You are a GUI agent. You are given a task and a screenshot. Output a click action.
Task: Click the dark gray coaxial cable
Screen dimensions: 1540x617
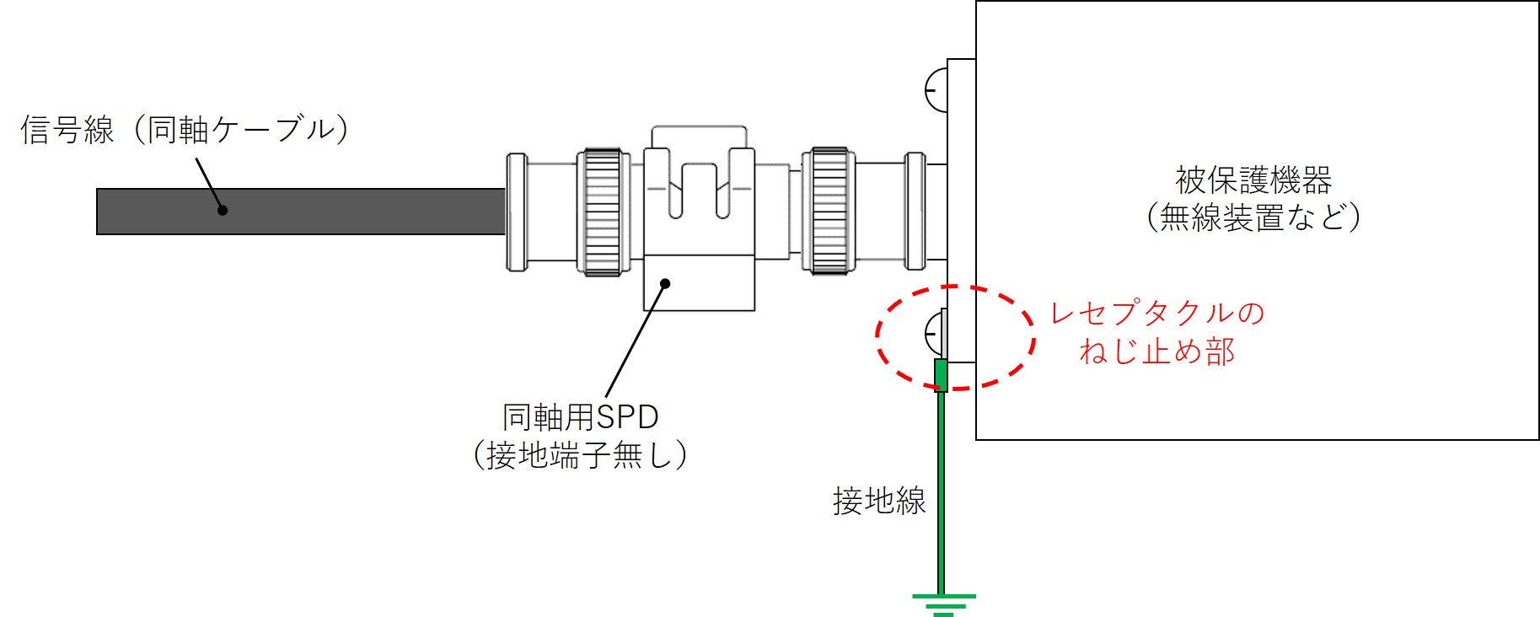pyautogui.click(x=301, y=212)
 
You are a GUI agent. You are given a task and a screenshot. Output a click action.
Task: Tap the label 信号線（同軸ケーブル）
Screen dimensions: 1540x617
pyautogui.click(x=185, y=130)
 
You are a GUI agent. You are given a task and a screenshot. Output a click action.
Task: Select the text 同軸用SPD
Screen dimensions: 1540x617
pyautogui.click(x=581, y=417)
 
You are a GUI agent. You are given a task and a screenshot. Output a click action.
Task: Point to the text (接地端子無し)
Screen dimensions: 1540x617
pyautogui.click(x=581, y=455)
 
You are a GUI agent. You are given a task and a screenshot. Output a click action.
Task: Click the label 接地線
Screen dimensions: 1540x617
pyautogui.click(x=879, y=501)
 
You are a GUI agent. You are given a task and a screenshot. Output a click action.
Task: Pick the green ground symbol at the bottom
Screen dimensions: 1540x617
pyautogui.click(x=943, y=604)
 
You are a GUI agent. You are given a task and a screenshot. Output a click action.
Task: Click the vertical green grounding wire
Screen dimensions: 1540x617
pyautogui.click(x=941, y=493)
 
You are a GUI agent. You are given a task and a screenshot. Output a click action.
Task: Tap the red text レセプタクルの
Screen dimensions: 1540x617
pyautogui.click(x=1157, y=313)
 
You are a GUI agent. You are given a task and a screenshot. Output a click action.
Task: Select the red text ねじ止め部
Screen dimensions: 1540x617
pyautogui.click(x=1157, y=351)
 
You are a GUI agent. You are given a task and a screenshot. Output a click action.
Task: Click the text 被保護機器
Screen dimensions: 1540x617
pyautogui.click(x=1253, y=180)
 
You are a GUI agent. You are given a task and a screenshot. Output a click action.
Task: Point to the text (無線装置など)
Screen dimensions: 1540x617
pyautogui.click(x=1253, y=217)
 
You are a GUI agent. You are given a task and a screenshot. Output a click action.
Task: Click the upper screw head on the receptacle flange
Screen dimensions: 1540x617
pyautogui.click(x=936, y=89)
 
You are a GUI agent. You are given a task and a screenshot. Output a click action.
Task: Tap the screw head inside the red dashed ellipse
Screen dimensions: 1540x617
pyautogui.click(x=936, y=332)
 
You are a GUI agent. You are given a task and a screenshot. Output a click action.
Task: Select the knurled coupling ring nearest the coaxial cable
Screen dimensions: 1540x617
pyautogui.click(x=602, y=212)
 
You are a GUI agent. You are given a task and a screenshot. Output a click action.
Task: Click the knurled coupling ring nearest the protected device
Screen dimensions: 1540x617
pyautogui.click(x=829, y=211)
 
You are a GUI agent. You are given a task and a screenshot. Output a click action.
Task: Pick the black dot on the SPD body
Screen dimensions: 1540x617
pyautogui.click(x=665, y=283)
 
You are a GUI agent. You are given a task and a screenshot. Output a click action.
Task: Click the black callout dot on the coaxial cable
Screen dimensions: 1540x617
pyautogui.click(x=223, y=210)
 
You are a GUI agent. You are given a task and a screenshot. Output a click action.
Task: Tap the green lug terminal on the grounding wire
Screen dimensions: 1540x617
pyautogui.click(x=942, y=376)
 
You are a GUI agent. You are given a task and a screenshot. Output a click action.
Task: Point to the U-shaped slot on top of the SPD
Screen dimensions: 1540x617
pyautogui.click(x=699, y=190)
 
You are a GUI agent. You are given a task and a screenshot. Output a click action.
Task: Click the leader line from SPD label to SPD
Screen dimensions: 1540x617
pyautogui.click(x=636, y=341)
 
